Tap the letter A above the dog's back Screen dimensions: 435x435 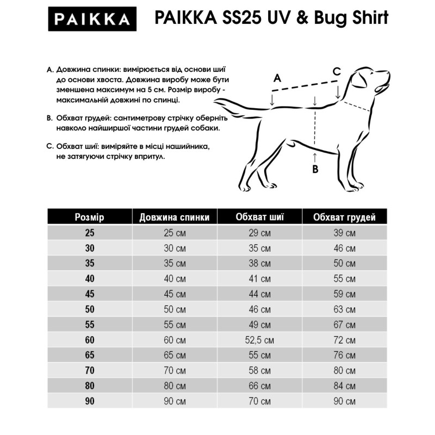(276, 78)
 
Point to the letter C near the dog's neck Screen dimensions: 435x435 (337, 71)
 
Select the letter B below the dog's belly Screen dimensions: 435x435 (315, 169)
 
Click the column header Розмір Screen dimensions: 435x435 (89, 217)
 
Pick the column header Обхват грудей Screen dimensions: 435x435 (344, 217)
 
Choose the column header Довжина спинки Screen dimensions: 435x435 (174, 217)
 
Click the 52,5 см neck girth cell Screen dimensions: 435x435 (259, 340)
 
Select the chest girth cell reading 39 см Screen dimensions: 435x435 (344, 233)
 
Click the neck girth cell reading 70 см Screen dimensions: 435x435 (259, 401)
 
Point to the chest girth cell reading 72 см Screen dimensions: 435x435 (344, 340)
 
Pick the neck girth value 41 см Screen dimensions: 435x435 (259, 279)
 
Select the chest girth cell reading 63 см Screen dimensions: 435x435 (344, 310)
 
